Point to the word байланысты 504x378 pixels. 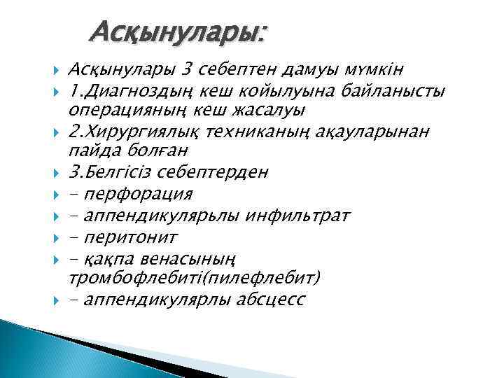pos(397,90)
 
